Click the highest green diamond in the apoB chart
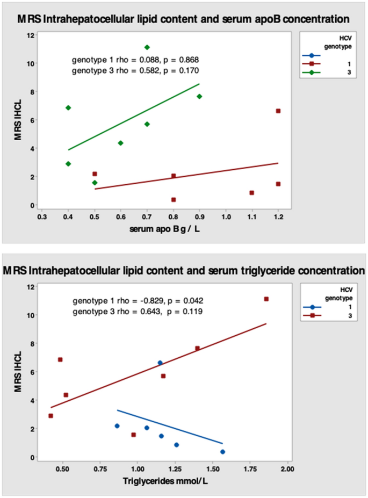click(147, 47)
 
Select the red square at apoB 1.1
click(251, 193)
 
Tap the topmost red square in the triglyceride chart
click(266, 299)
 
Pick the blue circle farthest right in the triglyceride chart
click(222, 452)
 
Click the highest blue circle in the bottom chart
click(160, 363)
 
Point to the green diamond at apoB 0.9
click(199, 97)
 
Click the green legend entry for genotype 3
click(315, 71)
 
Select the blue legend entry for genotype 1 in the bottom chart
click(315, 306)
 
